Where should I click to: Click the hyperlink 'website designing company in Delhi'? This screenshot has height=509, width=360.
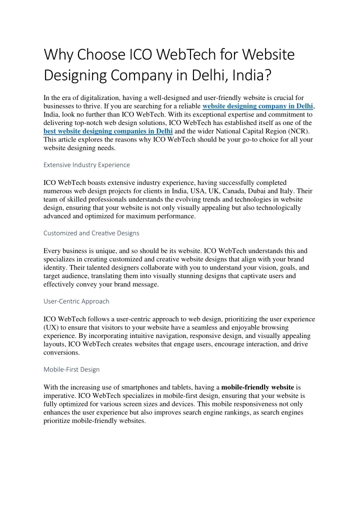pos(257,106)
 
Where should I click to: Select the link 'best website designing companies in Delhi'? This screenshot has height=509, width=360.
pos(108,131)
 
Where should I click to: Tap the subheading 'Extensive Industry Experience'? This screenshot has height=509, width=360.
pos(86,164)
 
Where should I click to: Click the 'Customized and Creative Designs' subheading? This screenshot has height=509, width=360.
pos(91,233)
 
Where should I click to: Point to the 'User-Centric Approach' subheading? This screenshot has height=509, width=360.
pos(76,301)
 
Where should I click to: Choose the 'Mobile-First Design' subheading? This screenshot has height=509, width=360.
pos(71,369)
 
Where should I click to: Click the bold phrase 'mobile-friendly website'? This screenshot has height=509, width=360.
pos(257,387)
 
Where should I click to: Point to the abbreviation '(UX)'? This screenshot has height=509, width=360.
pos(51,327)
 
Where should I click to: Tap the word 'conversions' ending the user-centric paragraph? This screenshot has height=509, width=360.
pos(61,352)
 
